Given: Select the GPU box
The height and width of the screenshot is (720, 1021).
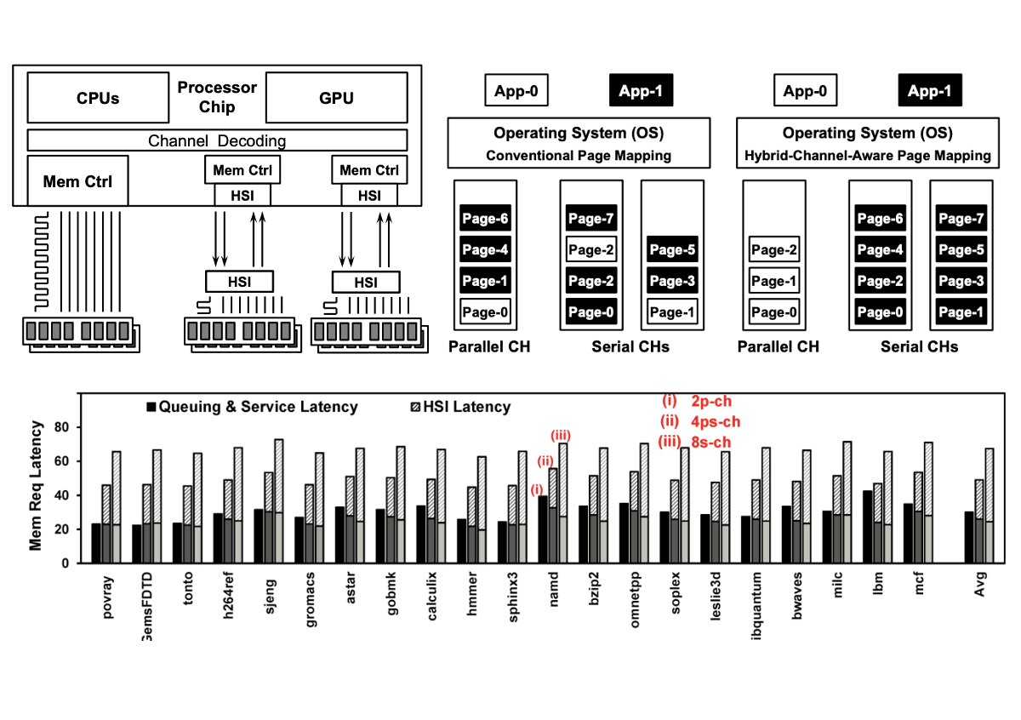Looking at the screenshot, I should (336, 98).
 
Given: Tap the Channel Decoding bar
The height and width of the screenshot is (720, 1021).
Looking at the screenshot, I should (217, 140).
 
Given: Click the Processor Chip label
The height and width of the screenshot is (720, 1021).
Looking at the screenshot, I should (217, 97).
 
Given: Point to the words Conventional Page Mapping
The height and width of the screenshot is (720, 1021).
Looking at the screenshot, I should (579, 156).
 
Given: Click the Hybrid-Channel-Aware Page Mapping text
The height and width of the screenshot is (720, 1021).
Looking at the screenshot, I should (868, 156).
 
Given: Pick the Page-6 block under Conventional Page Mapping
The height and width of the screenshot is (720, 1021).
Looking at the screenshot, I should (486, 219).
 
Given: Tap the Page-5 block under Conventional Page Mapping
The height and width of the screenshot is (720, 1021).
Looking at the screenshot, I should (672, 250).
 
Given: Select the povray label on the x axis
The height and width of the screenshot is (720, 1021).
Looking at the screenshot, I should (108, 601).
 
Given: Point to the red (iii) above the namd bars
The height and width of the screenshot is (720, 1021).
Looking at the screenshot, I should (561, 436).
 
